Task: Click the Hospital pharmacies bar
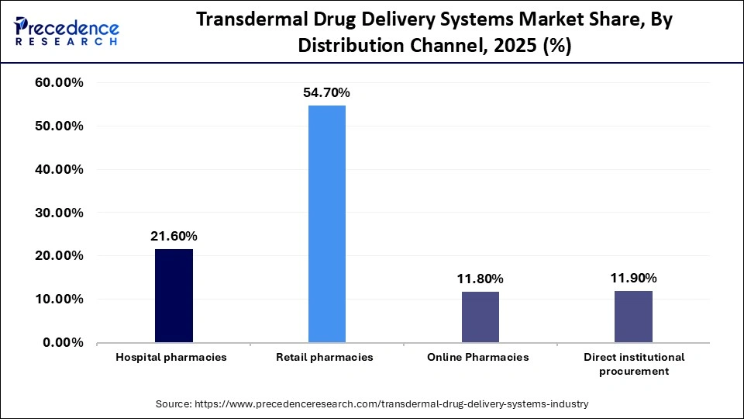pyautogui.click(x=174, y=296)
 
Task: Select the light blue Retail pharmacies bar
pyautogui.click(x=326, y=224)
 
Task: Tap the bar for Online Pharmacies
pyautogui.click(x=480, y=317)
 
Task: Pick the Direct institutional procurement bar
pyautogui.click(x=633, y=317)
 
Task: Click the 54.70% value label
pyautogui.click(x=326, y=92)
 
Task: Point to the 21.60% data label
pyautogui.click(x=174, y=236)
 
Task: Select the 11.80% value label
pyautogui.click(x=480, y=279)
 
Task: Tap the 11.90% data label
pyautogui.click(x=633, y=278)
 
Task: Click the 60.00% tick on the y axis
pyautogui.click(x=60, y=82)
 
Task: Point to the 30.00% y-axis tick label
pyautogui.click(x=60, y=213)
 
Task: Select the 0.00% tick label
pyautogui.click(x=63, y=342)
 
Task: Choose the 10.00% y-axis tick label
pyautogui.click(x=60, y=299)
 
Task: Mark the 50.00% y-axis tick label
pyautogui.click(x=60, y=126)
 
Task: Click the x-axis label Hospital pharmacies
pyautogui.click(x=171, y=357)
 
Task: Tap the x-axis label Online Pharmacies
pyautogui.click(x=478, y=357)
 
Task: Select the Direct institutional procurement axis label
pyautogui.click(x=633, y=363)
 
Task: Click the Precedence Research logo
pyautogui.click(x=67, y=31)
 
